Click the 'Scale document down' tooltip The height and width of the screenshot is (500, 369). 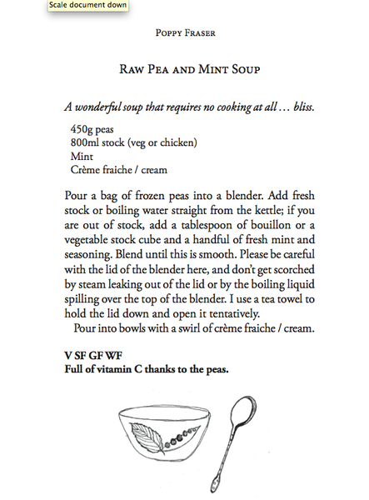pyautogui.click(x=40, y=7)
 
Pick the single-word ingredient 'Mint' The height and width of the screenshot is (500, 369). pyautogui.click(x=82, y=157)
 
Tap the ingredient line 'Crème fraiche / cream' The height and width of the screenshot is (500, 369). pyautogui.click(x=119, y=170)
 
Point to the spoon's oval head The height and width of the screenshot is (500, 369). pyautogui.click(x=246, y=412)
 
